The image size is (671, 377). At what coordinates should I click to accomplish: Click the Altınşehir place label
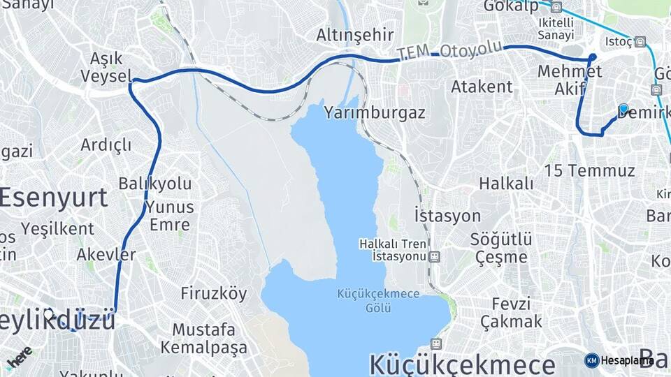coord(355,35)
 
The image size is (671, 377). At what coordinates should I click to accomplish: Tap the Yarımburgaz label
coord(375,112)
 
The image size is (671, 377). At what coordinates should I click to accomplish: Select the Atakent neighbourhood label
coord(482,87)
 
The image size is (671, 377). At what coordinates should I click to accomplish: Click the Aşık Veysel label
coord(106,66)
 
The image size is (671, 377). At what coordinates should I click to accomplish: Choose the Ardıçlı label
coord(106,145)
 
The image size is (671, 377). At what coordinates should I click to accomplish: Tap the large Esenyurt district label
coord(53,198)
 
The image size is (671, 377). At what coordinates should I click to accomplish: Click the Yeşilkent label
coord(57,228)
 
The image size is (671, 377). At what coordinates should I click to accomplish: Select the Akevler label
coord(106,254)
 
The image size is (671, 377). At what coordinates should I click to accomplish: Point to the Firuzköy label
coord(213,293)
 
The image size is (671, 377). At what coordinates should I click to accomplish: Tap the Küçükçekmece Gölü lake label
coord(377,300)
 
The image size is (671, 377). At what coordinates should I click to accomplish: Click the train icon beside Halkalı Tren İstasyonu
coord(435,257)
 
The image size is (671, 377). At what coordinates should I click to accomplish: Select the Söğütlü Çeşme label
coord(500,248)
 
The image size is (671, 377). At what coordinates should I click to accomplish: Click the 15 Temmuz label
coord(589,170)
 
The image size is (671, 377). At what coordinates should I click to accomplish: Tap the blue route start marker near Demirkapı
coord(623,109)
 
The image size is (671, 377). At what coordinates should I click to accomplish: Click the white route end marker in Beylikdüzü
coord(48,314)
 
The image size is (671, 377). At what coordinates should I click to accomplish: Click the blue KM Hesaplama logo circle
coord(591,360)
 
